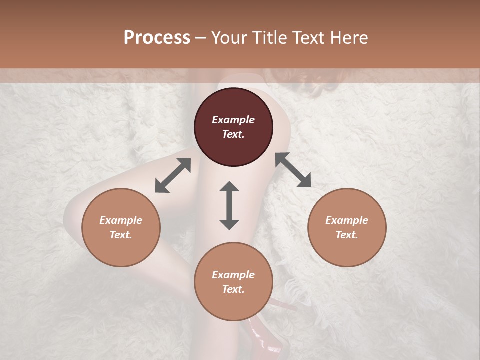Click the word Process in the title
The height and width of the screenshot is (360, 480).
[x=157, y=38]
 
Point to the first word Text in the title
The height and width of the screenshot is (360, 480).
[x=310, y=38]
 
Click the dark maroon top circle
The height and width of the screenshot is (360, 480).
[x=233, y=127]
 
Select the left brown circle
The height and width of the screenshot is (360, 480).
[x=121, y=227]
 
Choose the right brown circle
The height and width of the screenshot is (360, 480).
[x=347, y=227]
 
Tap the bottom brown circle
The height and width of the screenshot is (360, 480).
[x=233, y=281]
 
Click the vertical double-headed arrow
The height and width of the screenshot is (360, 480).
[x=229, y=205]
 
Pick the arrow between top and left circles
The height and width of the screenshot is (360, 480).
[x=173, y=175]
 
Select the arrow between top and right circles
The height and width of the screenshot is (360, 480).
[x=293, y=170]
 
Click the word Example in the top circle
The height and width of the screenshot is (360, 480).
[x=233, y=120]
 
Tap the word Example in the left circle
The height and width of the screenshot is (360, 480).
[x=121, y=220]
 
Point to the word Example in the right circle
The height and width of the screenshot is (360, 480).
[x=347, y=220]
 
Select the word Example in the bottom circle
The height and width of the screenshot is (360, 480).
[x=233, y=275]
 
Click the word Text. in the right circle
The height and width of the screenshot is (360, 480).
[x=347, y=235]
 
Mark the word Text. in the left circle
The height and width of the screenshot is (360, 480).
[x=121, y=235]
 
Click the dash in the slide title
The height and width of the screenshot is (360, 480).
[x=201, y=38]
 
